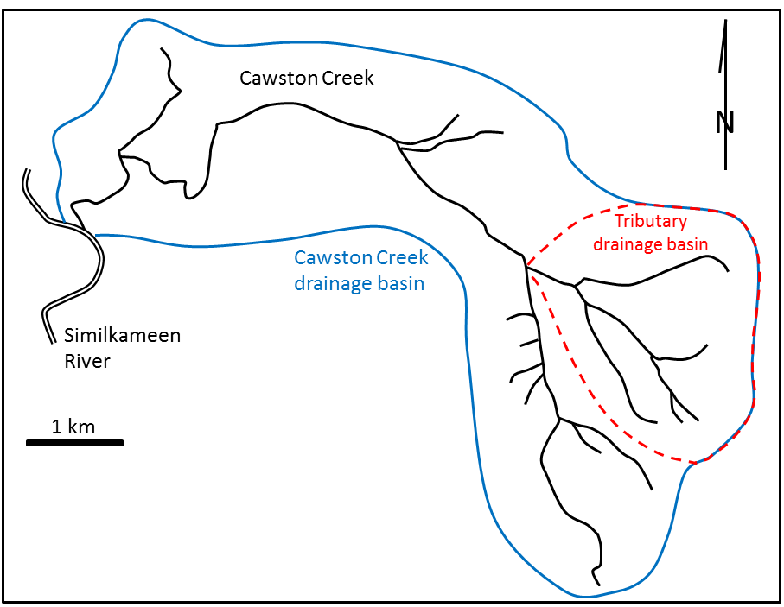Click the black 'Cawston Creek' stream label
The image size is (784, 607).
306,79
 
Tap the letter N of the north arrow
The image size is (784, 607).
724,123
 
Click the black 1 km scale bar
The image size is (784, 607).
74,443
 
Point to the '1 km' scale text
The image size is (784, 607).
73,426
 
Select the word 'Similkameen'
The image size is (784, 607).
122,336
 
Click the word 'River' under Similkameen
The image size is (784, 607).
87,361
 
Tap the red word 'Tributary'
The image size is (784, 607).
650,221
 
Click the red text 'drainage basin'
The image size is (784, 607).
650,244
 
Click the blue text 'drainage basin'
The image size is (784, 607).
360,282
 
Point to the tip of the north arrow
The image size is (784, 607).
724,21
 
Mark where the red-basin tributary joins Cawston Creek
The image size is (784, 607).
526,267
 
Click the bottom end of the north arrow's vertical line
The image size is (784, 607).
724,169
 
